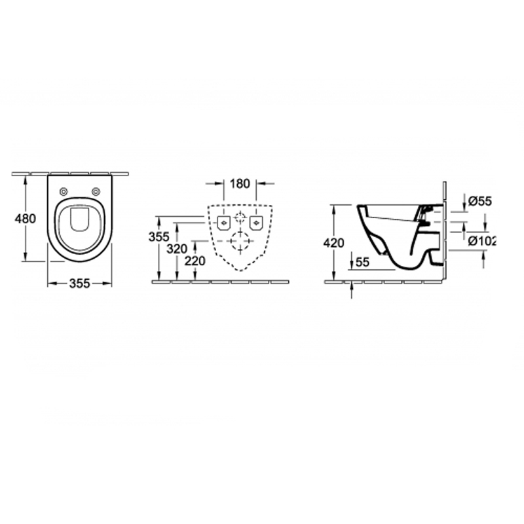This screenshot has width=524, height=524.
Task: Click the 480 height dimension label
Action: (25, 219)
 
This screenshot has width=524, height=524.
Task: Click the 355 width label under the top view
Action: (80, 284)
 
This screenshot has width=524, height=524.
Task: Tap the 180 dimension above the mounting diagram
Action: (240, 183)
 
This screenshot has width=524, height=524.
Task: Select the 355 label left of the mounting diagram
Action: (159, 237)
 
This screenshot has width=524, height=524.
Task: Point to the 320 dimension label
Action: (177, 249)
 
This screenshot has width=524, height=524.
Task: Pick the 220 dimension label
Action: (195, 261)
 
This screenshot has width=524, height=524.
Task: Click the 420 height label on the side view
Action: (333, 243)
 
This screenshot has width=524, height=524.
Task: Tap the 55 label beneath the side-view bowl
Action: (363, 263)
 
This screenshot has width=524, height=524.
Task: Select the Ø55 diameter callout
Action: (480, 201)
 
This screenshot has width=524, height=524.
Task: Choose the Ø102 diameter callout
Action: (481, 240)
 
